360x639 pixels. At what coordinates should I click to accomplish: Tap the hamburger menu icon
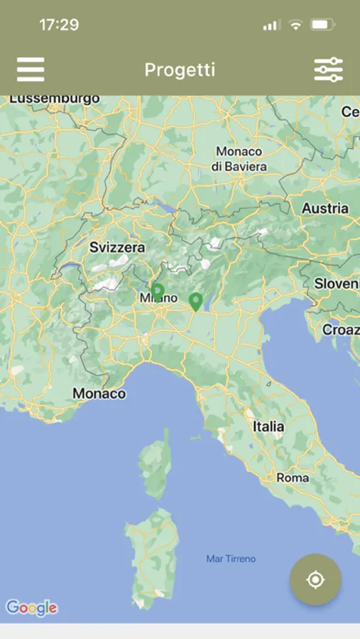coord(31,70)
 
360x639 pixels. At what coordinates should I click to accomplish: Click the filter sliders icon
coord(328,70)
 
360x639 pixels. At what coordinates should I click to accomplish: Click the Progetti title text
coord(180,70)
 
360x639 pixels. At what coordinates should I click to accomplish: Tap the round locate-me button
coord(315,580)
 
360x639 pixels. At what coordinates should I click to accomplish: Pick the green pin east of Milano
coord(196,302)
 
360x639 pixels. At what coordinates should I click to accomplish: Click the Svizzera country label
coord(117,248)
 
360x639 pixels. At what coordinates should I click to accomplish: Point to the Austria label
coord(325,209)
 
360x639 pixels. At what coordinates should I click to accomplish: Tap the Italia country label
coord(268,427)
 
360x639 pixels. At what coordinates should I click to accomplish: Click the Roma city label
coord(293,478)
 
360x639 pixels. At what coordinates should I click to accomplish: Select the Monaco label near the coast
coord(99,393)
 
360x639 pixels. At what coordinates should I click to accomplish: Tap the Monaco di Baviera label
coord(239,159)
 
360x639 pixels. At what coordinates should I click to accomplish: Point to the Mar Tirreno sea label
coord(231,559)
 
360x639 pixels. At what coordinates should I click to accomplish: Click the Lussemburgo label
coord(55,99)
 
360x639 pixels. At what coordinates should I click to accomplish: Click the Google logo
coord(31,608)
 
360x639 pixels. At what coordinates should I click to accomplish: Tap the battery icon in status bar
coord(323,25)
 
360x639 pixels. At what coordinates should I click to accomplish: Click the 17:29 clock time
coord(58,25)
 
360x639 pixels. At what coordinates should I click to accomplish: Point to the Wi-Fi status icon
coord(295,25)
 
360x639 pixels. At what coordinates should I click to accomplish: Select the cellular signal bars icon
coord(271,26)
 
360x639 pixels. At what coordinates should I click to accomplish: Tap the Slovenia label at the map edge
coord(337,283)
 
